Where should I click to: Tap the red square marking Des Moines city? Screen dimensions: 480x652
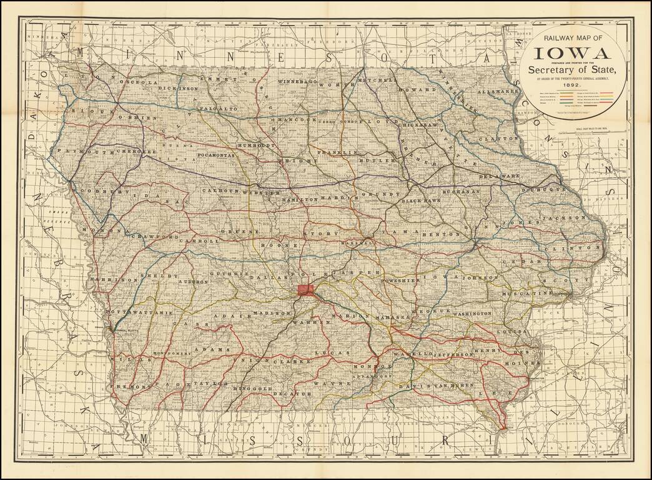click(x=306, y=289)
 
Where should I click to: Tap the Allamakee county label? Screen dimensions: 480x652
click(x=498, y=91)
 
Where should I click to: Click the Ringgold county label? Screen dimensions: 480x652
click(x=253, y=388)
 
